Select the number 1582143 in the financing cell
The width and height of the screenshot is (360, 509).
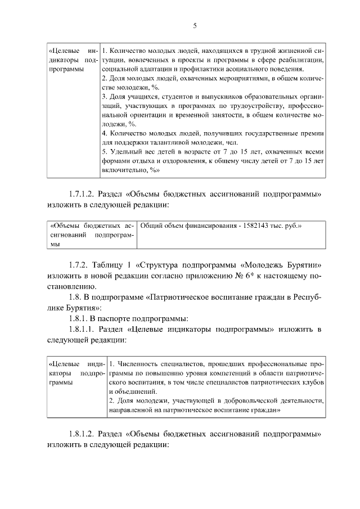(255, 226)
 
